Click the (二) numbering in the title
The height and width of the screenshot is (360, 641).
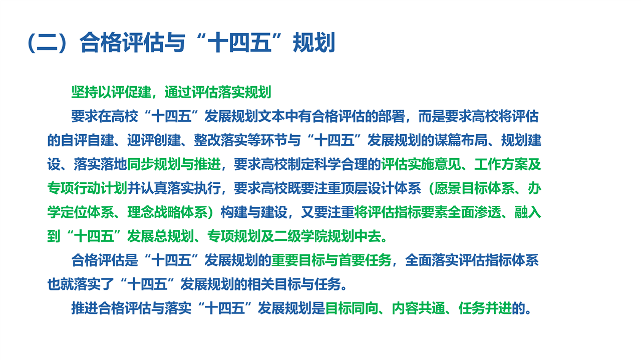point(47,43)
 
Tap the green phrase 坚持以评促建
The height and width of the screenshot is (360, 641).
point(111,92)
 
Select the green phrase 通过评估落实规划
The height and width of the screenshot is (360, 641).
point(218,92)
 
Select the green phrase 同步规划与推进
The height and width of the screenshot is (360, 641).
point(174,164)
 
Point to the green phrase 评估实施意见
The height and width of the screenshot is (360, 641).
point(421,164)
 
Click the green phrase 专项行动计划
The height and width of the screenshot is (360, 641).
point(87,188)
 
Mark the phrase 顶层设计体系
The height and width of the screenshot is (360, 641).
point(381,188)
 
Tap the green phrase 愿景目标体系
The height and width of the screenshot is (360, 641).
point(474,188)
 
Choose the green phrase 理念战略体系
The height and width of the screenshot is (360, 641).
point(167,212)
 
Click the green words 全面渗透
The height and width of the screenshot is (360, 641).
point(474,212)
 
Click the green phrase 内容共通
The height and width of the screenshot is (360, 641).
point(419,308)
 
